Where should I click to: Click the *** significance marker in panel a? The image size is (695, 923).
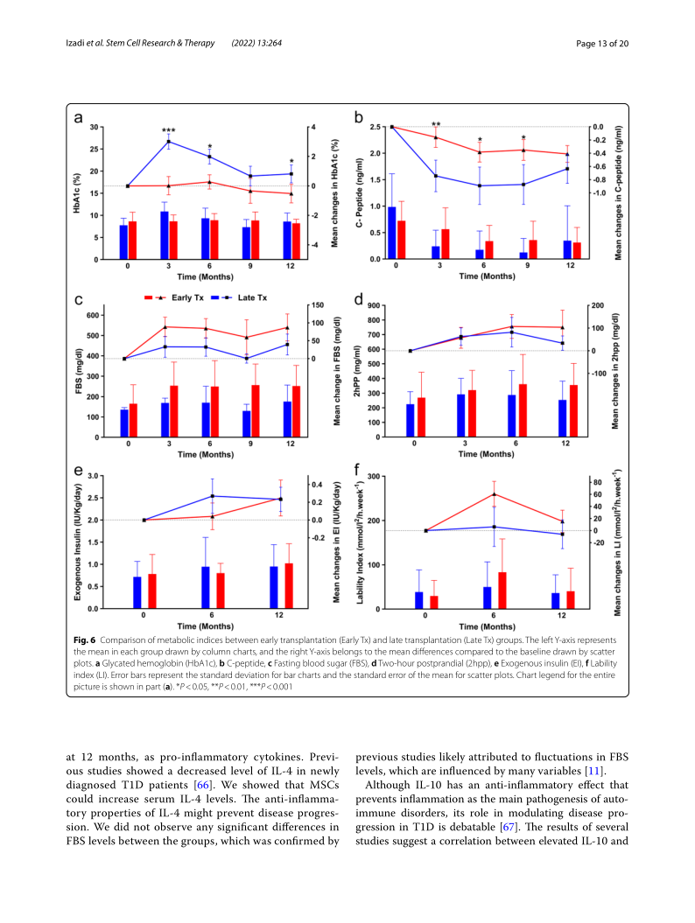pyautogui.click(x=168, y=131)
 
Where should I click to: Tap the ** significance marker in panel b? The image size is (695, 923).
pyautogui.click(x=436, y=124)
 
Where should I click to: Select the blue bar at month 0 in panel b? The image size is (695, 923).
pyautogui.click(x=391, y=233)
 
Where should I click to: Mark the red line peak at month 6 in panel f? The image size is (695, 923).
pyautogui.click(x=495, y=493)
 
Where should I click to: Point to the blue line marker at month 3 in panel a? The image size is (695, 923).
pyautogui.click(x=168, y=141)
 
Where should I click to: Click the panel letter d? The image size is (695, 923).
pyautogui.click(x=358, y=299)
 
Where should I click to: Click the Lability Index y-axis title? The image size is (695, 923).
pyautogui.click(x=361, y=542)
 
